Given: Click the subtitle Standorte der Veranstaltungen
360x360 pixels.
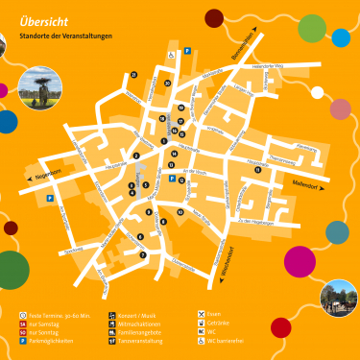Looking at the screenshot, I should coord(65,36).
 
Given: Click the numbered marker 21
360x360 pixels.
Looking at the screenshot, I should coord(134,74).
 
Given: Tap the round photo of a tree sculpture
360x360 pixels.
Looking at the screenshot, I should coord(38,88).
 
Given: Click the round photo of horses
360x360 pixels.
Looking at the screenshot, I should coord(338,298).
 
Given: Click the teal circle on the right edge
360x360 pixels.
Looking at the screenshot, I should coord(338,231).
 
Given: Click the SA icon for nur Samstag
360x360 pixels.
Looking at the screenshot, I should coord(24,323).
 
